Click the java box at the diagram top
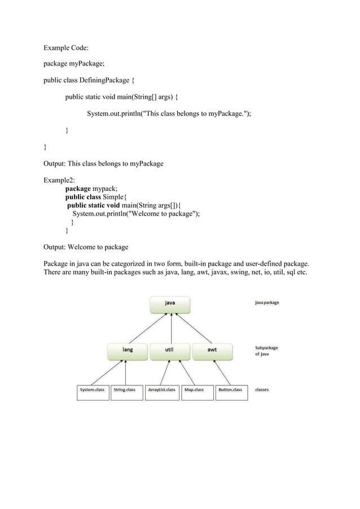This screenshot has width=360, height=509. tap(170, 303)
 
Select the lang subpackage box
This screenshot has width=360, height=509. tap(128, 350)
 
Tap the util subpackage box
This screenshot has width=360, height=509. tap(169, 350)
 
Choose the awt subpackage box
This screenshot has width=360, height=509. tap(212, 350)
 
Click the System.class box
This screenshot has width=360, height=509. tap(93, 390)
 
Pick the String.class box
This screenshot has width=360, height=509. tap(125, 390)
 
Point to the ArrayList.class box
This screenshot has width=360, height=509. tap(162, 390)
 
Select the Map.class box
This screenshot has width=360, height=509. tap(196, 390)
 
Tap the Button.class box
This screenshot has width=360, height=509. tap(230, 390)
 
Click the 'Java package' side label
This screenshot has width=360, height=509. tap(267, 303)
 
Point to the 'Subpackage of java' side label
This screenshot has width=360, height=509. tap(266, 351)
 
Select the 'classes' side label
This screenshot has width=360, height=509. tap(262, 390)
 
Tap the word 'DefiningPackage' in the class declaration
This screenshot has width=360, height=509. tap(107, 80)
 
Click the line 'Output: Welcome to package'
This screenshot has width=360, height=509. tap(86, 247)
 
